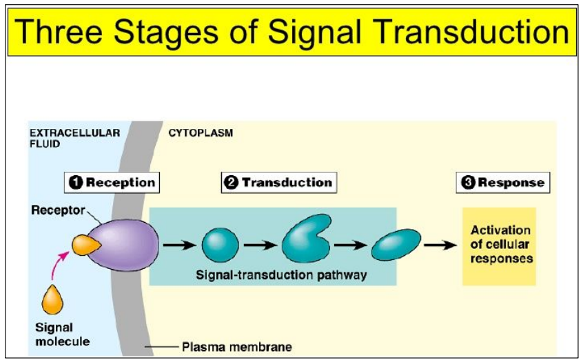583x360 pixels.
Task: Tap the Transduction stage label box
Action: pos(279,182)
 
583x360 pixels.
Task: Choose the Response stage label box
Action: pos(504,183)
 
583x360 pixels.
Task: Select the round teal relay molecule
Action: pos(220,245)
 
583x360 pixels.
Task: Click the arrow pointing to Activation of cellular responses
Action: pos(440,245)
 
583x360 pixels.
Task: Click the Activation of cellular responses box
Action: pos(500,245)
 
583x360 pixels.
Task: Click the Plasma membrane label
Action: pos(236,347)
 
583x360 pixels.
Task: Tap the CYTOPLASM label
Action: pos(201,133)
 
